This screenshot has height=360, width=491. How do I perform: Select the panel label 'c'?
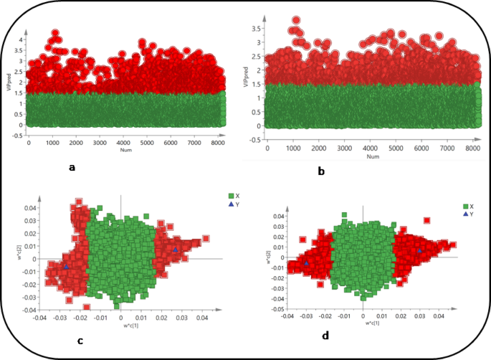coord(80,341)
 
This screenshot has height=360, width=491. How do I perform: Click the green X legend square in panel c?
coord(231,195)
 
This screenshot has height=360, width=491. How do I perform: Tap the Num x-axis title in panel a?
coord(123,150)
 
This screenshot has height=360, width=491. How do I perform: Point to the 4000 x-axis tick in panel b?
coord(370,147)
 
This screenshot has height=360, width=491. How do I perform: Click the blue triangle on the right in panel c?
coord(176,250)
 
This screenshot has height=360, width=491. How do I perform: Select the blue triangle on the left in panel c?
coord(67,266)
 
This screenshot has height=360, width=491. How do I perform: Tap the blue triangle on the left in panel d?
coord(307,263)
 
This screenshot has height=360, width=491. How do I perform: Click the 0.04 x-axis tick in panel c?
coord(204,316)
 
